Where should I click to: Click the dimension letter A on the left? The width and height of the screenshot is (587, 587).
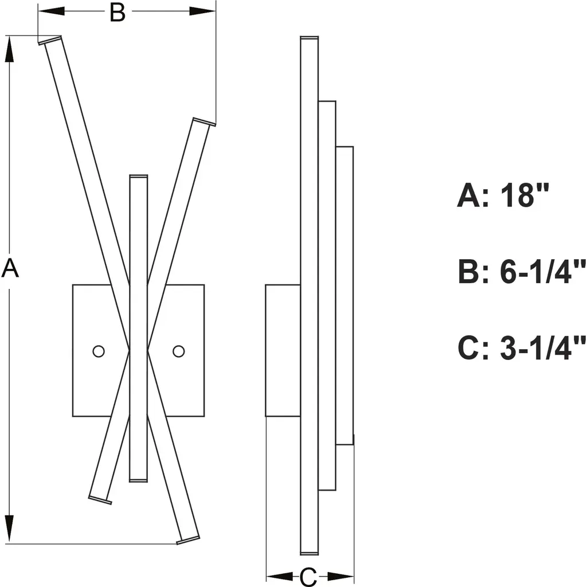click(10, 267)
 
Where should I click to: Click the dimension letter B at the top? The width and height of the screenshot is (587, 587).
click(118, 13)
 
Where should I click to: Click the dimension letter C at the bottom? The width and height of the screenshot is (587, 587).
click(308, 577)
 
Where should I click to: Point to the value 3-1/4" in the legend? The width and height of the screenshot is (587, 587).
click(543, 348)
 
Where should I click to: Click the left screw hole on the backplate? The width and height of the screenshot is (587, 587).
click(99, 351)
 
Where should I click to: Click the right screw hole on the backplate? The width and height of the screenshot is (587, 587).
click(179, 351)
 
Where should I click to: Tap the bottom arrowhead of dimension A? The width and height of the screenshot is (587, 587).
click(9, 528)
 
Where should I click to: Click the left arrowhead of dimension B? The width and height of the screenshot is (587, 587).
click(51, 11)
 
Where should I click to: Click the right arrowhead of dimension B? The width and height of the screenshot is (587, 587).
click(202, 11)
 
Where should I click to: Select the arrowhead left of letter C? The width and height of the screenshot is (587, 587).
click(279, 577)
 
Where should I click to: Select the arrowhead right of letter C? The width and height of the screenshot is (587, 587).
click(341, 577)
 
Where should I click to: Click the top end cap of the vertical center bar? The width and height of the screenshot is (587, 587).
click(139, 177)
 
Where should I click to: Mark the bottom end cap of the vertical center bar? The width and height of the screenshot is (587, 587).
click(139, 480)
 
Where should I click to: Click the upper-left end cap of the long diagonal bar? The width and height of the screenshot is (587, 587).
click(50, 40)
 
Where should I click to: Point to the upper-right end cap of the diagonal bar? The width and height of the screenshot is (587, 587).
click(204, 122)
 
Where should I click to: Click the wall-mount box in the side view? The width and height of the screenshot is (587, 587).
click(283, 350)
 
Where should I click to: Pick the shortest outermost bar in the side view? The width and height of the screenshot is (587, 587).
click(345, 296)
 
